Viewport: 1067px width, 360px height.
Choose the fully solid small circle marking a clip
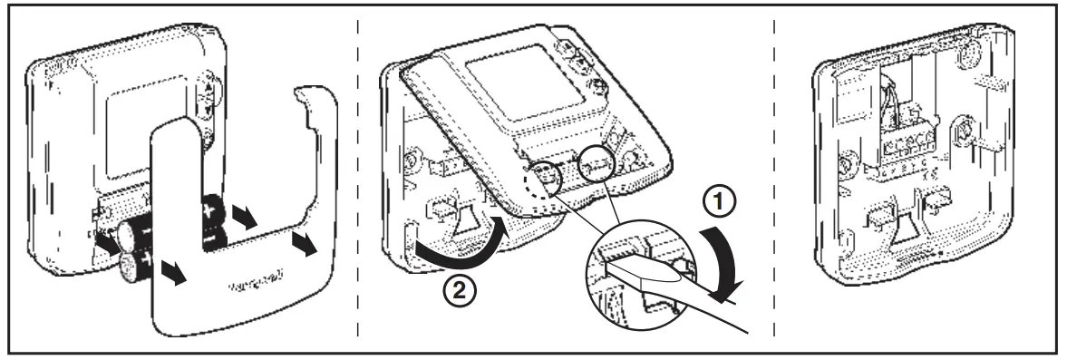pos(594,166)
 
